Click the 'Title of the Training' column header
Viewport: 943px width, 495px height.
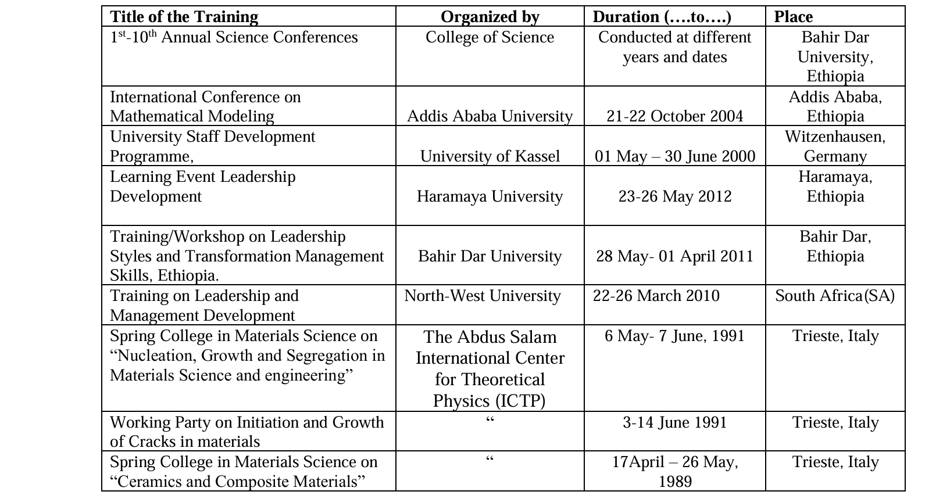point(184,17)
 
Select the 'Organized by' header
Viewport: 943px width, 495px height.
point(490,17)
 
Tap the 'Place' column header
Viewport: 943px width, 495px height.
point(793,17)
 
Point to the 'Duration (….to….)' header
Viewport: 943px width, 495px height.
point(662,17)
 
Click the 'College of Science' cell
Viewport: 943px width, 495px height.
point(490,37)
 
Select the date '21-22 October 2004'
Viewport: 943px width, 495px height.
point(674,116)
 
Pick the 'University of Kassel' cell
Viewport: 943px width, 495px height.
point(490,156)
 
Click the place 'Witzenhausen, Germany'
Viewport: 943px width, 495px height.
point(835,146)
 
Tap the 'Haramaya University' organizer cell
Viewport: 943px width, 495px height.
point(490,196)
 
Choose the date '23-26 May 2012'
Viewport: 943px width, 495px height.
point(674,196)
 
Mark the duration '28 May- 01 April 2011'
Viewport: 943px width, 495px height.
point(674,256)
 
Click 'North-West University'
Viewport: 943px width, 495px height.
point(483,296)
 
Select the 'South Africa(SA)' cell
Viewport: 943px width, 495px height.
point(835,296)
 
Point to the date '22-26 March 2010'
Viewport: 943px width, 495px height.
point(656,296)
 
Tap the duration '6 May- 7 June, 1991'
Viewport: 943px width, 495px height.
point(674,336)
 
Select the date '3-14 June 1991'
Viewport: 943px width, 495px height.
point(674,422)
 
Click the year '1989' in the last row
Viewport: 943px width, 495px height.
point(674,482)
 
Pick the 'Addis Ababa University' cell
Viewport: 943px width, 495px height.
point(490,116)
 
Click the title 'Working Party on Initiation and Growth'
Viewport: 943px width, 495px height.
point(247,422)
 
